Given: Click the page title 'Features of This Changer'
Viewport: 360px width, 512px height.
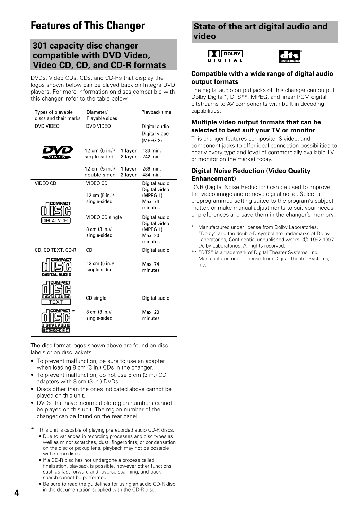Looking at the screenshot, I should tap(88, 26).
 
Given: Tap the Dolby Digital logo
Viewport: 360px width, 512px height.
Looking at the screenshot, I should tap(225, 56).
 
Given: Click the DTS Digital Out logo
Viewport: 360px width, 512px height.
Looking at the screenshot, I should tap(290, 57).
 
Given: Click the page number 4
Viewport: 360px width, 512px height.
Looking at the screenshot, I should tap(16, 493).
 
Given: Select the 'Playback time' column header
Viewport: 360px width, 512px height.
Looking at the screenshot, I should tap(156, 112).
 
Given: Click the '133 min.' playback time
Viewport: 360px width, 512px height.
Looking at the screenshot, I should tap(151, 151).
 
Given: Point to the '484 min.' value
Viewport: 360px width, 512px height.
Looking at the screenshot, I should tap(151, 175).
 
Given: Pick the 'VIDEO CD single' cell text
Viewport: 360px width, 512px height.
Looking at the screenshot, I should tap(104, 217).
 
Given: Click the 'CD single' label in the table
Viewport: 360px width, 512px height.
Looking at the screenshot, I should tap(96, 298).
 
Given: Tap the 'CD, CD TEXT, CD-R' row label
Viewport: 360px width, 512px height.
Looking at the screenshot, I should tap(55, 250).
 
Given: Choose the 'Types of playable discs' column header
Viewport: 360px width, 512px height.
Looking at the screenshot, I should tap(58, 115).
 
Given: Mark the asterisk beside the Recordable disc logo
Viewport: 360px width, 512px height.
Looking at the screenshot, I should tap(73, 311).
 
